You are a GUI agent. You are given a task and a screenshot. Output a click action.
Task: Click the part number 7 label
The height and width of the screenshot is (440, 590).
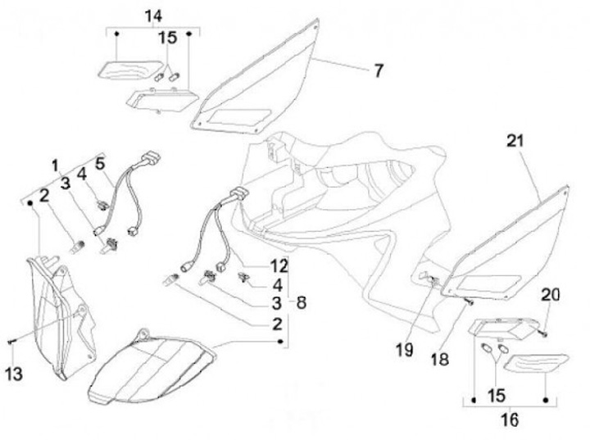point(379,71)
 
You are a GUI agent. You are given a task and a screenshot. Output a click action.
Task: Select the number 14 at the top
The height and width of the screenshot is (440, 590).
point(153,16)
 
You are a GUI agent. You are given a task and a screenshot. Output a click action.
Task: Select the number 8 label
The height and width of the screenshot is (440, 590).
point(302,302)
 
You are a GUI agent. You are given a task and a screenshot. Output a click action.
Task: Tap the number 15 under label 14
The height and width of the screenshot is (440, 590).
point(167,38)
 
